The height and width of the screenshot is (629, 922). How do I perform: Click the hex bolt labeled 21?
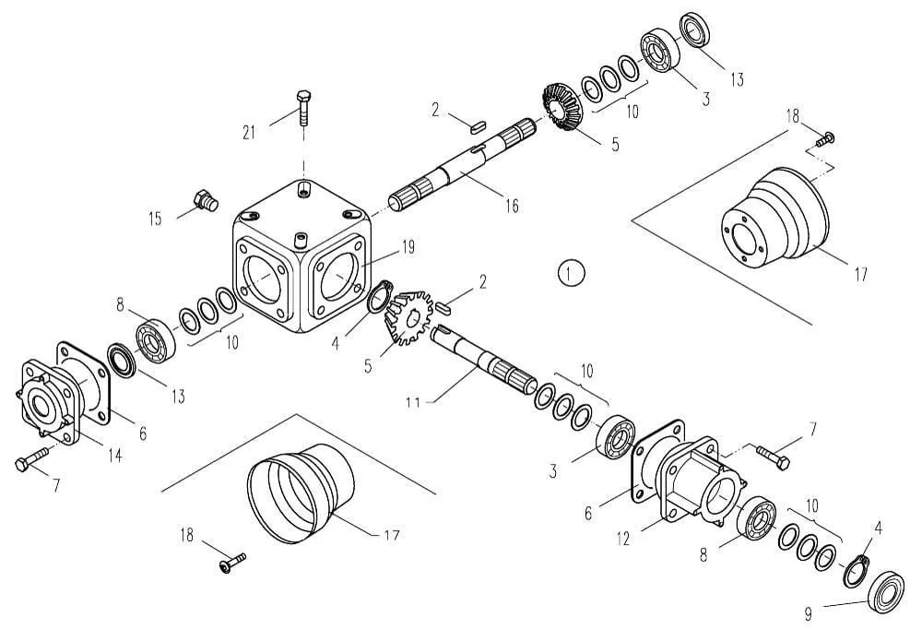[x=303, y=108]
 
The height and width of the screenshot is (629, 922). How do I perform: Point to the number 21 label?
[x=249, y=133]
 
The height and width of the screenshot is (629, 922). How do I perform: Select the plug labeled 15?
[x=207, y=200]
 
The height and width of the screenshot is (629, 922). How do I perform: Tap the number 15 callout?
[x=155, y=220]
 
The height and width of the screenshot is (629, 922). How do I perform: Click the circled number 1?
[x=571, y=273]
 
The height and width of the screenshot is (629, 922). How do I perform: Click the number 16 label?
[x=512, y=206]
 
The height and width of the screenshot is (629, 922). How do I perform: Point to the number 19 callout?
[x=408, y=247]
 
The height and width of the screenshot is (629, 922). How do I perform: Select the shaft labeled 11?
[x=483, y=359]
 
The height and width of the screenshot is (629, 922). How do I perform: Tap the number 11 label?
[x=413, y=402]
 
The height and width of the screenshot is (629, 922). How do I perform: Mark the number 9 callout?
[x=809, y=614]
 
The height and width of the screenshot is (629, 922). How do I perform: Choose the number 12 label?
[x=622, y=538]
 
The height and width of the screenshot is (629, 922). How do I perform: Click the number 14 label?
[x=115, y=455]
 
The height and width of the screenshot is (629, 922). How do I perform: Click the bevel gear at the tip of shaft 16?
[x=561, y=107]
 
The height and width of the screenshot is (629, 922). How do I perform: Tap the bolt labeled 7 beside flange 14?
[x=32, y=459]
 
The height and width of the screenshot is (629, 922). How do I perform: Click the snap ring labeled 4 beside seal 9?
[x=856, y=570]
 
